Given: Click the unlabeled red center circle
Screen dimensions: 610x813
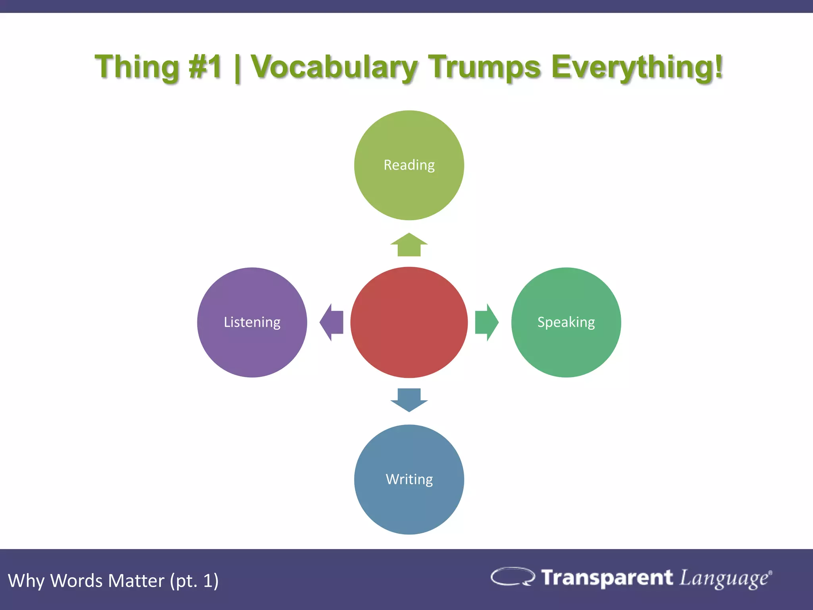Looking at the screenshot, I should (x=409, y=322).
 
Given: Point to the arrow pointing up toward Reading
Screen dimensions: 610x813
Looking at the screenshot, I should (x=409, y=245).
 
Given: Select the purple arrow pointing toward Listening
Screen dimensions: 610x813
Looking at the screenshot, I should (x=332, y=322).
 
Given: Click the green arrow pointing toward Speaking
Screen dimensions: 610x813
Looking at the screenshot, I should (x=486, y=322).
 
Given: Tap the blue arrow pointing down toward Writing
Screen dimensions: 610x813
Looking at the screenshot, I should (x=409, y=400).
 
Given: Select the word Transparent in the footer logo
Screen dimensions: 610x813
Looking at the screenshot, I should (x=607, y=577).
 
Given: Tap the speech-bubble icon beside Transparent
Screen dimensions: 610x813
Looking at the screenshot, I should (x=512, y=577).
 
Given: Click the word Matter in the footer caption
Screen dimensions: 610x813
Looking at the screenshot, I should (x=136, y=581).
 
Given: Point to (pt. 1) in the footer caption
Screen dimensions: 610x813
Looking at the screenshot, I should (x=194, y=581).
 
